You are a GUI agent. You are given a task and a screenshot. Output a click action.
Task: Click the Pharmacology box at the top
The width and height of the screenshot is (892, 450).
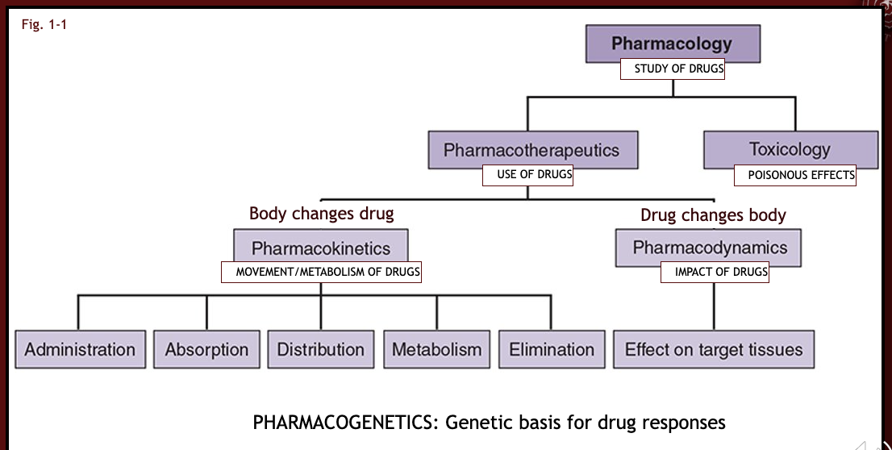(x=672, y=43)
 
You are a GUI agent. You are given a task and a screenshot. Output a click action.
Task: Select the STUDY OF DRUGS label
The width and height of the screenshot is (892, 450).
(x=673, y=69)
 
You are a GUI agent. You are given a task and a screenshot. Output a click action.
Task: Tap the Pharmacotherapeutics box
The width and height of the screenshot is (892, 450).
(x=532, y=150)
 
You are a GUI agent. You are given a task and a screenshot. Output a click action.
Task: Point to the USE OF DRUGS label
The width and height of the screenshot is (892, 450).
(x=527, y=175)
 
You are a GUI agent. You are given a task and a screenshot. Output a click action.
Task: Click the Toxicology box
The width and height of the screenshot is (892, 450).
(x=790, y=149)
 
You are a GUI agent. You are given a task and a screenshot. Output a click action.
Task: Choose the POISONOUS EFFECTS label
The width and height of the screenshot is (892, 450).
(x=794, y=175)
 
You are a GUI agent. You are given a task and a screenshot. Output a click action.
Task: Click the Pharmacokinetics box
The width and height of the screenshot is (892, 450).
(x=320, y=248)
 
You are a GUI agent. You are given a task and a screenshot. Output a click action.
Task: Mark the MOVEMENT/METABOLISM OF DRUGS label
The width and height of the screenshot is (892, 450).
(x=321, y=273)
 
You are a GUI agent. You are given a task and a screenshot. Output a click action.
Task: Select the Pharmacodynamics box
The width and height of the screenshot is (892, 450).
(x=708, y=247)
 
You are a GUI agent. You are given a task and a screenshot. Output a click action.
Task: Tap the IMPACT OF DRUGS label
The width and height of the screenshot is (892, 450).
(x=715, y=273)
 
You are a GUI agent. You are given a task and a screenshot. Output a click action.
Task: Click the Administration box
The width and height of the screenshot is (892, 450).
(x=80, y=349)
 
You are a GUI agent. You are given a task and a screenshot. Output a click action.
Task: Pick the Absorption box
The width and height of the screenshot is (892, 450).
(x=206, y=349)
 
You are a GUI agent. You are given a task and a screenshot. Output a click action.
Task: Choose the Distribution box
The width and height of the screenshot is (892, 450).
(x=321, y=349)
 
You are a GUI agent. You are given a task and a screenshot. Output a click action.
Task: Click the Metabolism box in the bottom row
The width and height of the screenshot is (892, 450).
(x=436, y=349)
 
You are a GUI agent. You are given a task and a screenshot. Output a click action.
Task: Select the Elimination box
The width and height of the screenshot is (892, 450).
(x=552, y=349)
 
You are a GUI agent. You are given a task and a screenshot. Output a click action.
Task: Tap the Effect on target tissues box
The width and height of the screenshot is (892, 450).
(x=714, y=349)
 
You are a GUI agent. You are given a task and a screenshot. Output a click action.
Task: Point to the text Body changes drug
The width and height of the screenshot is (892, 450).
(x=321, y=214)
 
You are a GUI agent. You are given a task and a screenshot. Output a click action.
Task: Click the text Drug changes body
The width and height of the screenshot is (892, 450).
(x=713, y=215)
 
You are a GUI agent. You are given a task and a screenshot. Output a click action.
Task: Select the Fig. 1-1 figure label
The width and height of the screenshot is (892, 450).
(x=44, y=25)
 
